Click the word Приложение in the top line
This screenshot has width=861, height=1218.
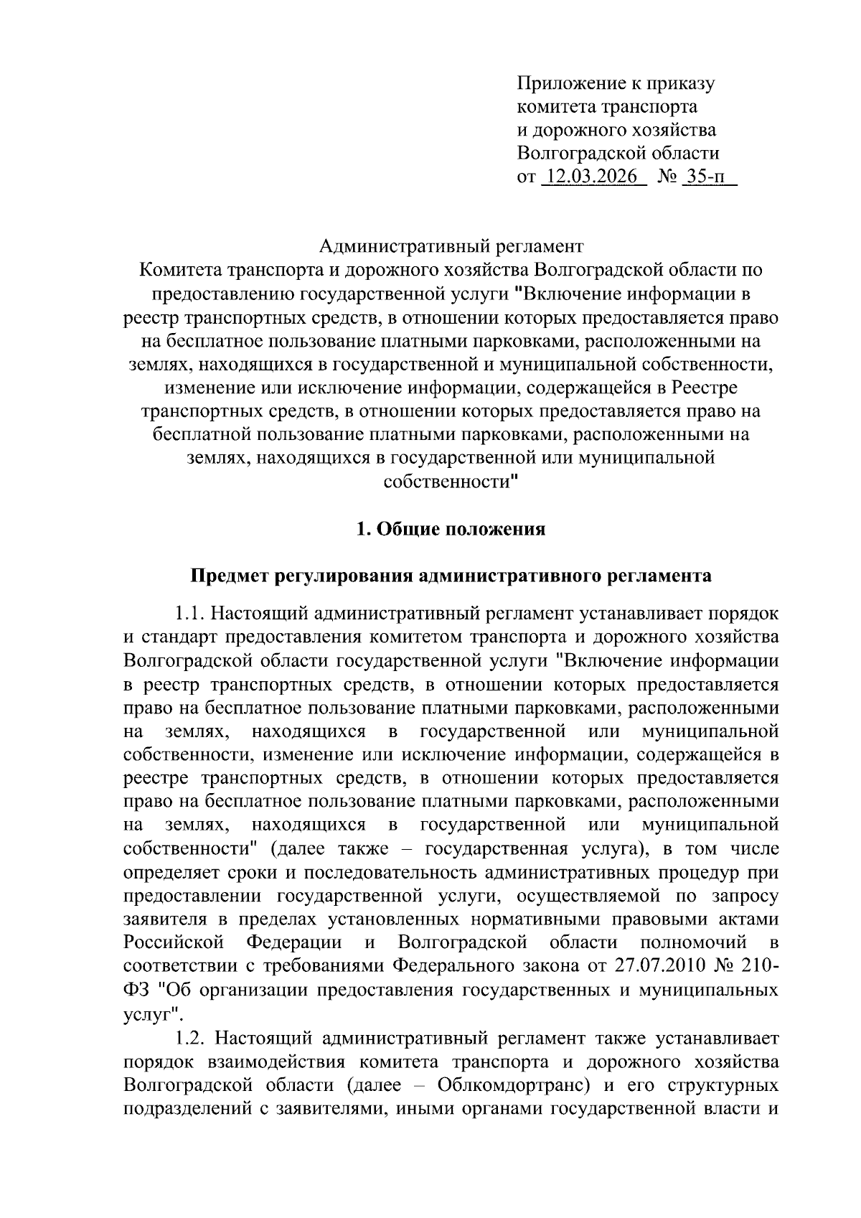[x=572, y=83]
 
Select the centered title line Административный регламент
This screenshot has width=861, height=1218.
[x=451, y=247]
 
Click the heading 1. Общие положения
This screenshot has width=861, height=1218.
[x=451, y=530]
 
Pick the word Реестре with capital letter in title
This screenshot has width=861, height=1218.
[x=705, y=388]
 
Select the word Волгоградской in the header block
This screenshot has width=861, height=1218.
[x=570, y=153]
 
